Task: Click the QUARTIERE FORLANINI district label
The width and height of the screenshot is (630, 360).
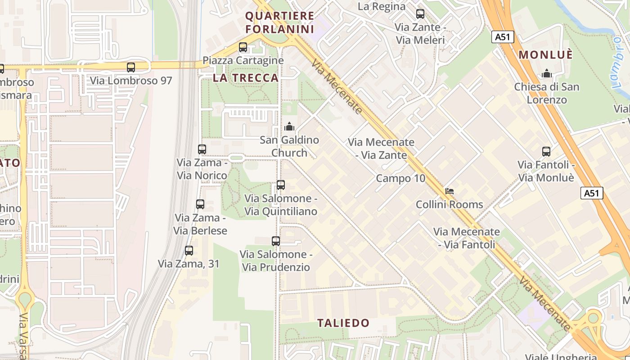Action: click(279, 22)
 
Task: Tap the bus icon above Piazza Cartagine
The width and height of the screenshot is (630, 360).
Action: click(243, 47)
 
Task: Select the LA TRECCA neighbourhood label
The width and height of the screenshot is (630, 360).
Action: click(246, 78)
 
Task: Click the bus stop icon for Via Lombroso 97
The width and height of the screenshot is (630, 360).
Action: click(131, 67)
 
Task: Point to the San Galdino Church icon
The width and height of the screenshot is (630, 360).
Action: click(289, 126)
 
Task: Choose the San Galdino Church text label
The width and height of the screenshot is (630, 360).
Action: click(289, 146)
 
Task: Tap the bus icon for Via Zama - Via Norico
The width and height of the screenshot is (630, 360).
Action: click(202, 149)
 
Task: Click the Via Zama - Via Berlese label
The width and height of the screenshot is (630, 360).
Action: click(200, 224)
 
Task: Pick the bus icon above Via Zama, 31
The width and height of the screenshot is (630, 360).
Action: click(189, 251)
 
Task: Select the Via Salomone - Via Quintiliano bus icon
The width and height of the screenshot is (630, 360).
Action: click(281, 185)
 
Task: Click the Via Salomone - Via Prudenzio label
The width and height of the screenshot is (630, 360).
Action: click(276, 261)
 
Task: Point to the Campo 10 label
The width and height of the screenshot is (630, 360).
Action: click(400, 178)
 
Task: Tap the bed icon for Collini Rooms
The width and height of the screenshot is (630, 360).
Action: click(449, 191)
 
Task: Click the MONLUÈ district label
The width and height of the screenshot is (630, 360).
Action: click(545, 55)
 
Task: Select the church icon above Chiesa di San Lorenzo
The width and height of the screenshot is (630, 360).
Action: click(547, 73)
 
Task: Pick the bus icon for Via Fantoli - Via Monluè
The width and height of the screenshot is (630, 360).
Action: click(546, 152)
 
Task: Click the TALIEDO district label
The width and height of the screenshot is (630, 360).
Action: click(343, 323)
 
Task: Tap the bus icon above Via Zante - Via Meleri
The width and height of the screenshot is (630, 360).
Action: click(420, 14)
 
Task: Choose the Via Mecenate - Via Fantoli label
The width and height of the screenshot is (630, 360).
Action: click(466, 238)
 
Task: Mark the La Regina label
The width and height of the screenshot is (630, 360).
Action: click(382, 6)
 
